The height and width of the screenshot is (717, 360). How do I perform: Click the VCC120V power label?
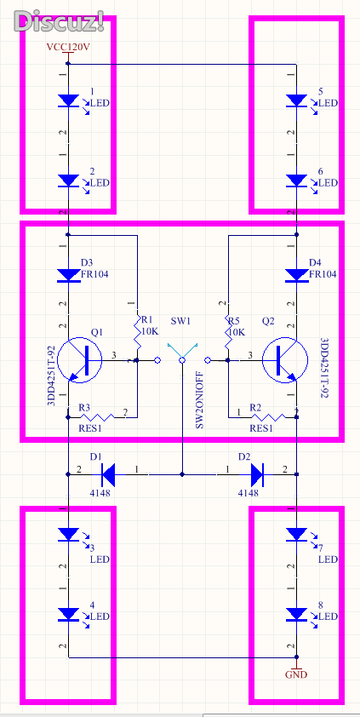(x=67, y=46)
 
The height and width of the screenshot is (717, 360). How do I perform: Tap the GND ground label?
(x=296, y=674)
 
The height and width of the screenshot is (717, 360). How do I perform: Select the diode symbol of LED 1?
(x=69, y=100)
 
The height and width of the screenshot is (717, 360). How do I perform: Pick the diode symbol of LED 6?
(x=296, y=181)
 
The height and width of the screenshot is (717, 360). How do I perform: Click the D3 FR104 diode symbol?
(x=69, y=275)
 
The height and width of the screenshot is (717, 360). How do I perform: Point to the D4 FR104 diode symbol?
(x=296, y=275)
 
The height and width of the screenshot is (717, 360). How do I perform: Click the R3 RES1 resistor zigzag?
(x=97, y=417)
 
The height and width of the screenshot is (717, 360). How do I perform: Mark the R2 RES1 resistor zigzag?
(x=268, y=417)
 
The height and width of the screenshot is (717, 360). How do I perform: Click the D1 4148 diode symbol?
(x=108, y=474)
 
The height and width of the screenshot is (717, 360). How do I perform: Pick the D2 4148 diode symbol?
(x=257, y=474)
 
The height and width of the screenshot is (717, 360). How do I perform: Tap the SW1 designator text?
(x=181, y=320)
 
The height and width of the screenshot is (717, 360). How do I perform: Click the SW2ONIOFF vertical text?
(x=200, y=399)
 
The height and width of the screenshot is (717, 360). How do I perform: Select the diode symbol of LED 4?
(x=69, y=614)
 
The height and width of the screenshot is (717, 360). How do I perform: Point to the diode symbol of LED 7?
(x=296, y=534)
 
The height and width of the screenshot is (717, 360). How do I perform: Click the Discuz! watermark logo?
(x=59, y=20)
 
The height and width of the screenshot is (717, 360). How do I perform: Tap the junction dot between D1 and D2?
(x=182, y=474)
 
